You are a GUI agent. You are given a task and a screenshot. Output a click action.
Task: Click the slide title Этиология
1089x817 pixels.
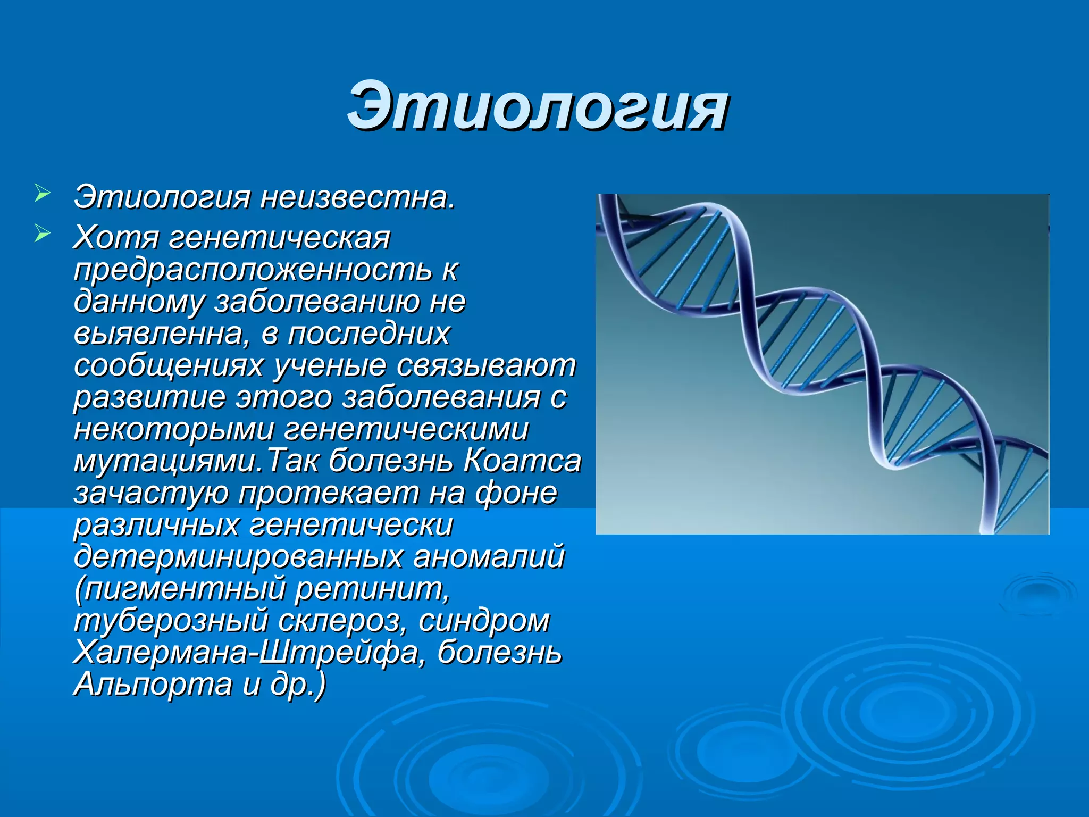(537, 106)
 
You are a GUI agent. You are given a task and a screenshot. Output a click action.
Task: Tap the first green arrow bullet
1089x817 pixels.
(42, 193)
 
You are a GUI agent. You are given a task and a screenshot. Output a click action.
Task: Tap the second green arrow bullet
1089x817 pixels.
(42, 234)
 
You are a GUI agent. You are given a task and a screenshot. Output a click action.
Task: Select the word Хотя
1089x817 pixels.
(116, 237)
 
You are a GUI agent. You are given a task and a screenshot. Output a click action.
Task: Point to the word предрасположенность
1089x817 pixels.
(253, 270)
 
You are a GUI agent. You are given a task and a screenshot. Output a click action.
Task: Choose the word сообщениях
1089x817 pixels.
(169, 366)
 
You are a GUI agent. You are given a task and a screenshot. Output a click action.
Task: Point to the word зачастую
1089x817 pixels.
(151, 494)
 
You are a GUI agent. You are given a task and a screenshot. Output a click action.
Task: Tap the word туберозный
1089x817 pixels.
(171, 621)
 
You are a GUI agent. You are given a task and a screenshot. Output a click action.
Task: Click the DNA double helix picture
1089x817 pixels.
(822, 364)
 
